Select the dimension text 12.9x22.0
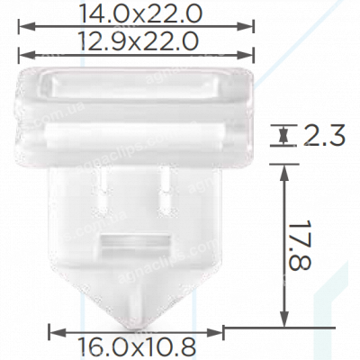pyautogui.click(x=133, y=41)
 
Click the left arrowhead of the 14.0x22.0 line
pyautogui.click(x=21, y=28)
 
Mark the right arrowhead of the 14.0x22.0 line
pyautogui.click(x=247, y=28)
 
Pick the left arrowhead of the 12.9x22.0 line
pyautogui.click(x=21, y=55)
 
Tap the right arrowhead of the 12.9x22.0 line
pyautogui.click(x=247, y=55)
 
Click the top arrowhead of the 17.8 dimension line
pyautogui.click(x=285, y=171)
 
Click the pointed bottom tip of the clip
pyautogui.click(x=135, y=325)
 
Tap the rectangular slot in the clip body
pyautogui.click(x=133, y=242)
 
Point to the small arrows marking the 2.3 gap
pyautogui.click(x=285, y=138)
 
